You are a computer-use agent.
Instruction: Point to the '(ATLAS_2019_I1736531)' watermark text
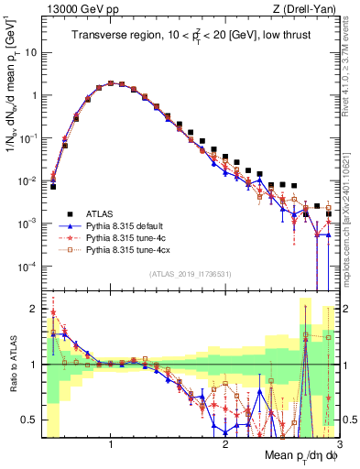pos(190,274)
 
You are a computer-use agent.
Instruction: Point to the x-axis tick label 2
pos(225,445)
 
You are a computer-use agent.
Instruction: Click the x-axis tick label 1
pos(111,445)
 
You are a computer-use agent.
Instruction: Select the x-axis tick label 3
pos(339,445)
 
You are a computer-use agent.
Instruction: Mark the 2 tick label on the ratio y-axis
pos(34,309)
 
